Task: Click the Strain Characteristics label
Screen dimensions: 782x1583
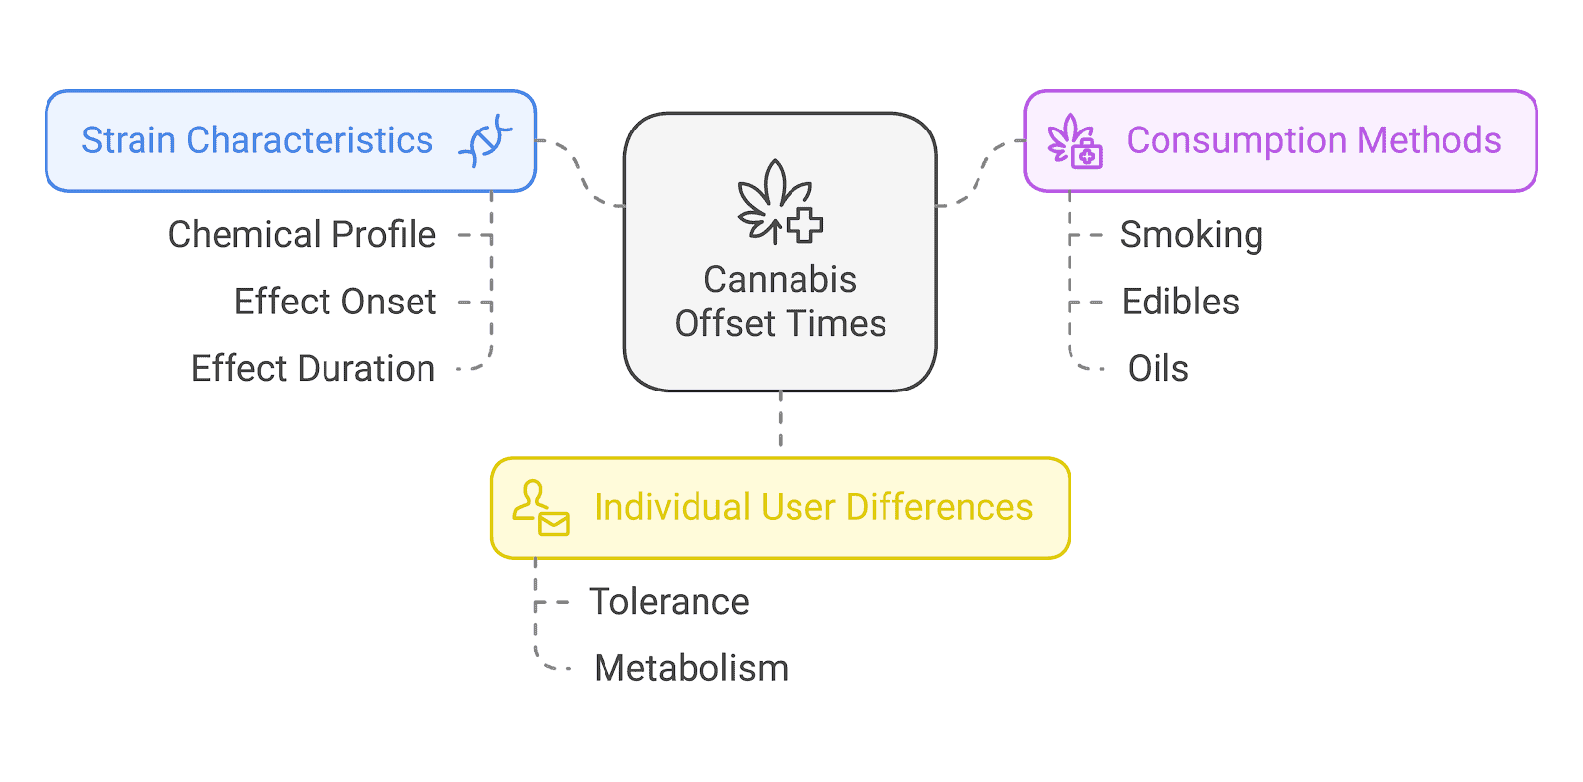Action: pos(257,140)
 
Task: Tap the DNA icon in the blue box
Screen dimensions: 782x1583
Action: pos(486,140)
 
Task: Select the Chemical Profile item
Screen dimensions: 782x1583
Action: pos(302,235)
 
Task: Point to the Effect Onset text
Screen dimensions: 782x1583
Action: pos(335,302)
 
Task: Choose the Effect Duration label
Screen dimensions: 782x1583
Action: pos(313,368)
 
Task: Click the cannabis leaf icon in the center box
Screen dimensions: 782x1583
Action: pos(780,204)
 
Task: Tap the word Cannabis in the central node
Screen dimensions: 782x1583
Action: pos(780,280)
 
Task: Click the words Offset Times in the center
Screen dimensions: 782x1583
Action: pos(780,324)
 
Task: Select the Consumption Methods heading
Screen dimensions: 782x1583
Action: pos(1314,140)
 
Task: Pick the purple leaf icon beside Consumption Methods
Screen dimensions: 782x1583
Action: pos(1074,140)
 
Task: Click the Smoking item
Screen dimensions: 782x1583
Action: pos(1191,235)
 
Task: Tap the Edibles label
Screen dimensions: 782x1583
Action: pos(1180,302)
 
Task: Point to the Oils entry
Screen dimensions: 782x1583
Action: pos(1158,368)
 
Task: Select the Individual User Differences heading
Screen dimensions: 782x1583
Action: pos(813,507)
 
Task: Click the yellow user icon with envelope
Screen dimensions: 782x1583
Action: pos(540,508)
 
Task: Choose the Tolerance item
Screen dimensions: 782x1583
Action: pos(669,602)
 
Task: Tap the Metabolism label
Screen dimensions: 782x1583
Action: pos(691,668)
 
